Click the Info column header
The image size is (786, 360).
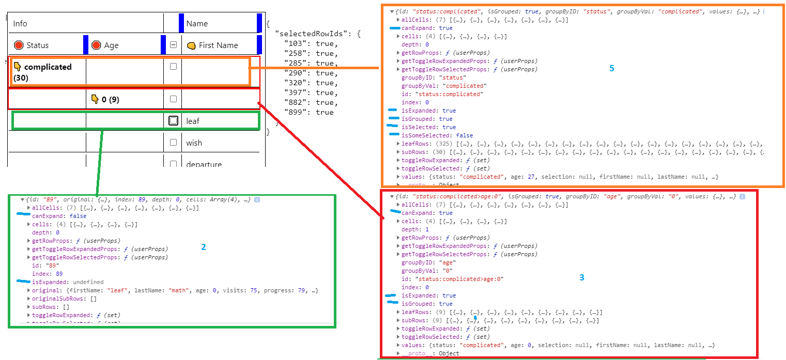tap(20, 24)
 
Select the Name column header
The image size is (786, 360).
tap(197, 24)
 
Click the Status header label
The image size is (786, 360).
tap(37, 45)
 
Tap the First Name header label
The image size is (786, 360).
tap(218, 45)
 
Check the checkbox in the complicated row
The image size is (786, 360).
tap(173, 67)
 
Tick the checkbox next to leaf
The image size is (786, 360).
tap(173, 121)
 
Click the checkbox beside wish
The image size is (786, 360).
tap(173, 143)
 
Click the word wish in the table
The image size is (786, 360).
tap(194, 143)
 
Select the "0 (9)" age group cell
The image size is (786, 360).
tap(110, 99)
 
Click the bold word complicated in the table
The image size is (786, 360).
tap(48, 67)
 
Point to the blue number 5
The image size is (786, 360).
tap(612, 68)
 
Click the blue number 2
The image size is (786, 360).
tap(204, 247)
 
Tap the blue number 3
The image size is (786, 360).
tap(582, 277)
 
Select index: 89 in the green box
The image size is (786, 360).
tap(48, 274)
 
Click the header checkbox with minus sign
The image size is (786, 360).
tap(173, 45)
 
